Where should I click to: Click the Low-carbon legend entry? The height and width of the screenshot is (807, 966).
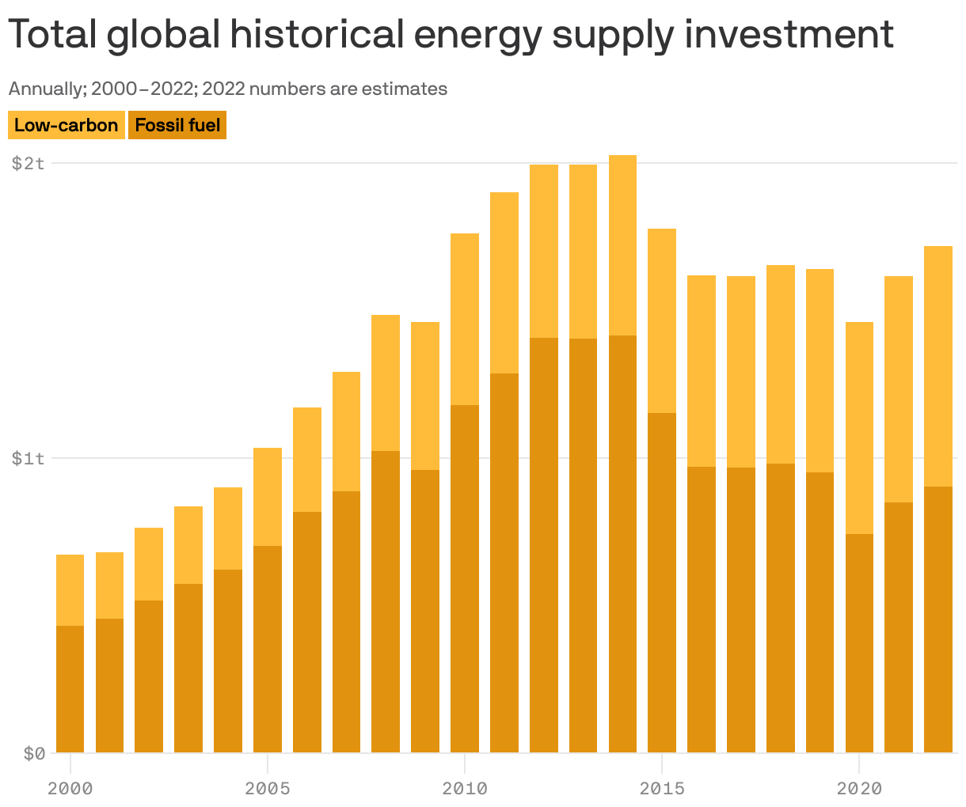(66, 125)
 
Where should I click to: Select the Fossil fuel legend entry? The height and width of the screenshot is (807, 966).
(177, 125)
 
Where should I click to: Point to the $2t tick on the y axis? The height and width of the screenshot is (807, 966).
(28, 164)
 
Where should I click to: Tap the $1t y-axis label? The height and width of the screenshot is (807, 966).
(28, 459)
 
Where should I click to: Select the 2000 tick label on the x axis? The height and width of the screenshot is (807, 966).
(70, 788)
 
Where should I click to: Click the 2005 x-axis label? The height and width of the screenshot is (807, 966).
(267, 788)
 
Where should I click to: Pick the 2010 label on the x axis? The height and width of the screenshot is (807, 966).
(464, 788)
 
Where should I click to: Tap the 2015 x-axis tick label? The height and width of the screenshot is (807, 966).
(661, 788)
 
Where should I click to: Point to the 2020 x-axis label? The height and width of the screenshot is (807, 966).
(859, 788)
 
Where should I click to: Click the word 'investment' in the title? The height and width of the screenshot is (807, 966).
(789, 35)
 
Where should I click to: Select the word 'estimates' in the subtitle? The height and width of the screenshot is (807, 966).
(404, 89)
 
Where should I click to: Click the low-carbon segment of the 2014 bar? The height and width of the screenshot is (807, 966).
(622, 245)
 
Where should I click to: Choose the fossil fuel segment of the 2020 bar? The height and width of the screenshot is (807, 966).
(859, 642)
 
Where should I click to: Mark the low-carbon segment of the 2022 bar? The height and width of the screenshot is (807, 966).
(937, 366)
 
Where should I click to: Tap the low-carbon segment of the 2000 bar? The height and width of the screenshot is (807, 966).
(70, 589)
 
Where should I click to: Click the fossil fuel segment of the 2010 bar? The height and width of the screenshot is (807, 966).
(464, 578)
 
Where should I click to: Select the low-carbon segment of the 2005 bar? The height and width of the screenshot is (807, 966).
(267, 496)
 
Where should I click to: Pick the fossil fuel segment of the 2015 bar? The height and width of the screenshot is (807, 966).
(661, 582)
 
